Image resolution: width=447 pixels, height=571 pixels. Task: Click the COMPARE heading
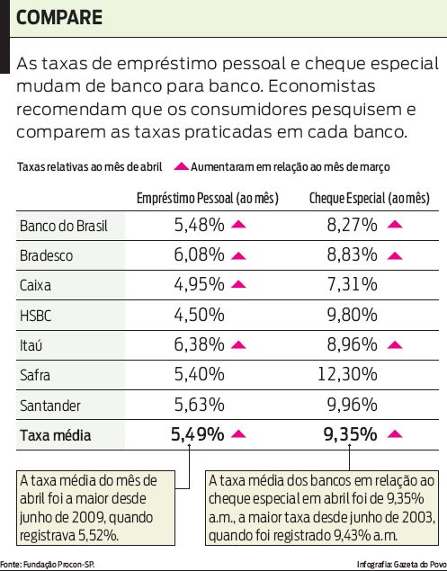click(x=59, y=18)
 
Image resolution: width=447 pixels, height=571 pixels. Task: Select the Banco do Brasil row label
click(x=63, y=226)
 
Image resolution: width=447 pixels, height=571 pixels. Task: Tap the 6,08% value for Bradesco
click(x=199, y=255)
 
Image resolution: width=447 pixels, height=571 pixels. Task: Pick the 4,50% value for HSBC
click(x=199, y=315)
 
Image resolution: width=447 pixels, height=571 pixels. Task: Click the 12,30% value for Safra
click(x=348, y=375)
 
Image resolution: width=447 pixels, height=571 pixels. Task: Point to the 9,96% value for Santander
click(x=352, y=405)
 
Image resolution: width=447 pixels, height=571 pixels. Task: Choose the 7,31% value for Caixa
click(x=352, y=285)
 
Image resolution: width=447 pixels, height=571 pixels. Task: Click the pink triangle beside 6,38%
click(x=238, y=345)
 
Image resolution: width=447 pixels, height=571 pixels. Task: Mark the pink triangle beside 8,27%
click(x=394, y=226)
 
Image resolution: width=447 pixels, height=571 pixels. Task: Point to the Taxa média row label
click(x=56, y=436)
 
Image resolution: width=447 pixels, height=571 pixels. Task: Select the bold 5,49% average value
click(x=197, y=435)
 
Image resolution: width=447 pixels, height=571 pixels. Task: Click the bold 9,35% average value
click(x=350, y=435)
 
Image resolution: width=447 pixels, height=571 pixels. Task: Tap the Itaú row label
click(x=33, y=345)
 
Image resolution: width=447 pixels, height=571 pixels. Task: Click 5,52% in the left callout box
click(x=98, y=535)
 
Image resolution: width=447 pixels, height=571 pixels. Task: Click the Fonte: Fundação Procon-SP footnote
click(x=49, y=564)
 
